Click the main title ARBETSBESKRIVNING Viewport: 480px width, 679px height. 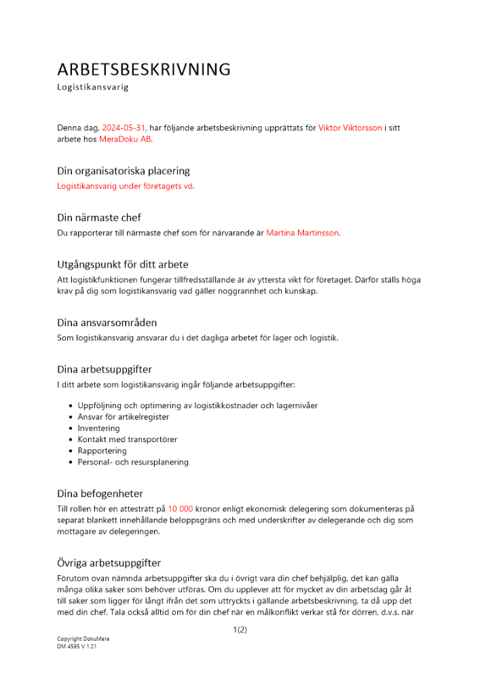tap(144, 70)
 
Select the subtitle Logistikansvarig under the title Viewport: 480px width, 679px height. tap(92, 88)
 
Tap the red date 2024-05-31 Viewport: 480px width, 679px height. tap(124, 128)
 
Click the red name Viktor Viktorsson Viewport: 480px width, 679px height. tap(350, 128)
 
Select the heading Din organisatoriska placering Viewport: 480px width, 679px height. tap(124, 171)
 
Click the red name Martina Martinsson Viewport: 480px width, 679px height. tap(303, 233)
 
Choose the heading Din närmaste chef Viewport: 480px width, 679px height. tap(99, 218)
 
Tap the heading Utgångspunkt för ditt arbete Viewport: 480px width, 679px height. tap(123, 264)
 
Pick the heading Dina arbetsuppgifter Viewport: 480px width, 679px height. tap(105, 369)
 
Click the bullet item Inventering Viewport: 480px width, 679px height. tap(98, 428)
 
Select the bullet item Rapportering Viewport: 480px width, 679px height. tap(102, 451)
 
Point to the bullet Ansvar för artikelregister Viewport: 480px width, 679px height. tap(124, 417)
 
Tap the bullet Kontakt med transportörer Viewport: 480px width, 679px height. tap(128, 439)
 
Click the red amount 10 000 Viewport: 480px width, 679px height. tap(181, 508)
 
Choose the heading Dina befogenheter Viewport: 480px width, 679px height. tap(100, 493)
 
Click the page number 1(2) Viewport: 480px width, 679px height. tap(240, 630)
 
